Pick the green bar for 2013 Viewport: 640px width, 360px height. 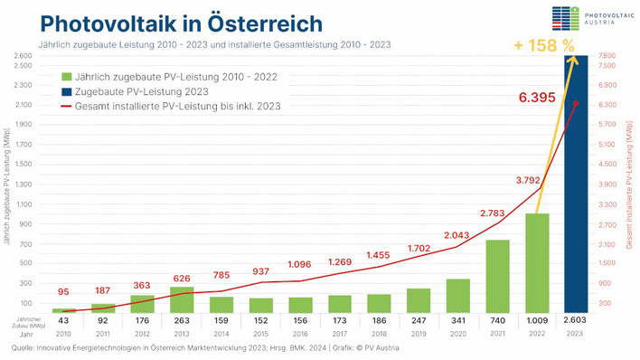[x=183, y=298]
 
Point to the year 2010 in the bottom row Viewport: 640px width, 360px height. [x=64, y=333]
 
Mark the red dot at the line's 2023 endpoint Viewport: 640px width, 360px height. [x=575, y=103]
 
